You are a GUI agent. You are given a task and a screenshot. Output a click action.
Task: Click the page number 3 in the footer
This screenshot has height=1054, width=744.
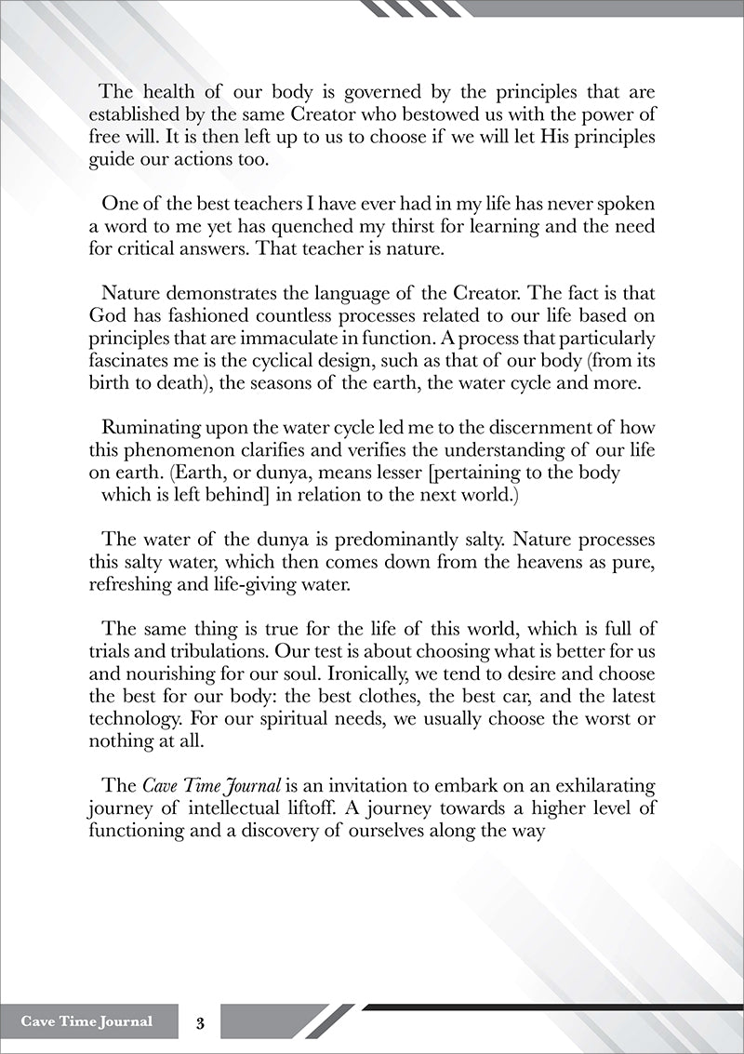[199, 1021]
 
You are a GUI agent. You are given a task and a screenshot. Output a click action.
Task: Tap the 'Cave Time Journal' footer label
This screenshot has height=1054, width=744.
[86, 1021]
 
